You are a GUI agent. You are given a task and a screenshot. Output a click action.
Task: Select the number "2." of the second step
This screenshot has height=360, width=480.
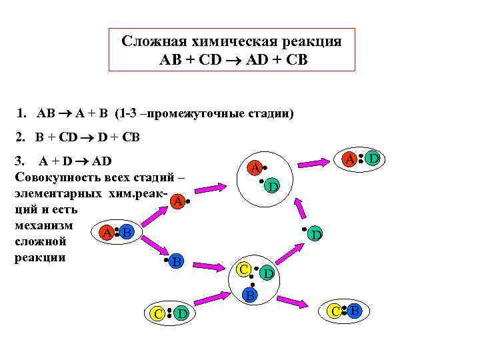pos(21,138)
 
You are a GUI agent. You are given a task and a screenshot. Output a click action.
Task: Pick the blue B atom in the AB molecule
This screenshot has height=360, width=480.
pos(127,233)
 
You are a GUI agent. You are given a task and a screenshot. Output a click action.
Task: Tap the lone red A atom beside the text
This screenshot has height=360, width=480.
pos(177,200)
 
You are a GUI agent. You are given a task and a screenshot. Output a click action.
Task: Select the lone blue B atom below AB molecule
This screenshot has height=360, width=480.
pos(175,261)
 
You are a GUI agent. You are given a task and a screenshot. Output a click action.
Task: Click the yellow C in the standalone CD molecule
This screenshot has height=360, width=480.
pos(157,313)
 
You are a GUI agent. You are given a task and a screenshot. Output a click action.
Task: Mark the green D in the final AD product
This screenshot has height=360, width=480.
pos(373,158)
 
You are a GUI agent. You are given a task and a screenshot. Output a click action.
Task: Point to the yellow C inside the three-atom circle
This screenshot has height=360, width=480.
pos(244,269)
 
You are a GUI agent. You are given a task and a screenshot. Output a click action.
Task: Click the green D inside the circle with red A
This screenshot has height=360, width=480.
pos(272,187)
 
